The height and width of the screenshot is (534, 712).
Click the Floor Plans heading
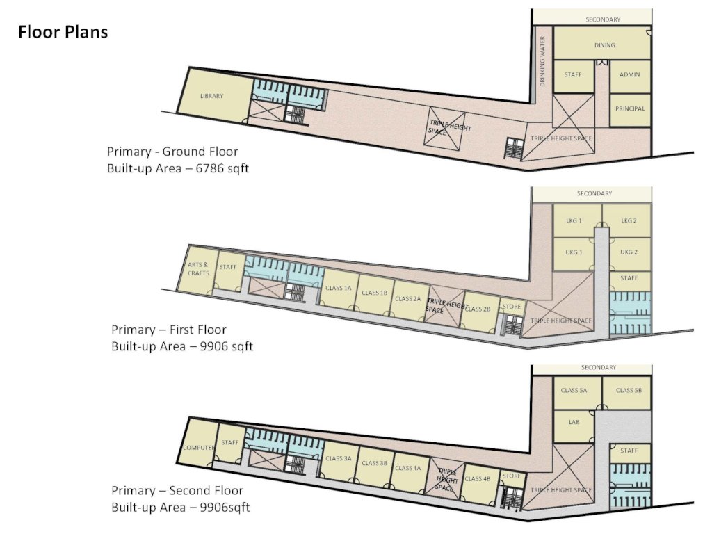(x=63, y=32)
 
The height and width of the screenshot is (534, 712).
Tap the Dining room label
(x=604, y=45)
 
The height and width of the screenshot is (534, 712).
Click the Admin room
(x=629, y=75)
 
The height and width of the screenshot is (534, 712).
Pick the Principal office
(x=630, y=110)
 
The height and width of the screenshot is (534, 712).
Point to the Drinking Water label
(x=542, y=61)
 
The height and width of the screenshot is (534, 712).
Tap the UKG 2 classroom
(x=629, y=253)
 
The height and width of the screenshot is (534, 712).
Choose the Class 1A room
(x=339, y=289)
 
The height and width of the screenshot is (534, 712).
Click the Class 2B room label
(x=477, y=309)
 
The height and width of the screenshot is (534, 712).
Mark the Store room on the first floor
(x=512, y=307)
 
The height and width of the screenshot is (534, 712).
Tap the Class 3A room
(x=339, y=460)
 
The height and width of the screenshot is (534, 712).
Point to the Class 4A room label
(x=407, y=468)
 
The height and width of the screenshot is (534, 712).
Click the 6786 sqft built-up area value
(x=222, y=168)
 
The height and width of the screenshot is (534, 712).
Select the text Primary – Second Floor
(x=177, y=490)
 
